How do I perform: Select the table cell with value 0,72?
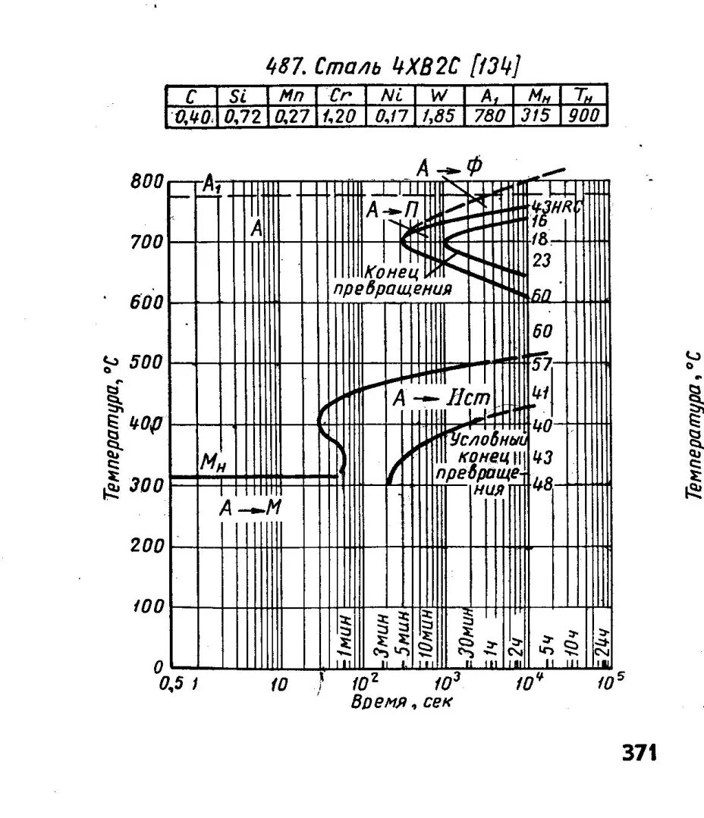(x=242, y=116)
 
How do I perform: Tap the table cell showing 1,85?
(x=438, y=116)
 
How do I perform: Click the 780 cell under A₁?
(x=488, y=116)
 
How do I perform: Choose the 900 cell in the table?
(x=584, y=116)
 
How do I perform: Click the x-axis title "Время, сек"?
(x=401, y=702)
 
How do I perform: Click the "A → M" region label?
(x=250, y=509)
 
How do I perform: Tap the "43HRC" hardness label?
(x=555, y=206)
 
